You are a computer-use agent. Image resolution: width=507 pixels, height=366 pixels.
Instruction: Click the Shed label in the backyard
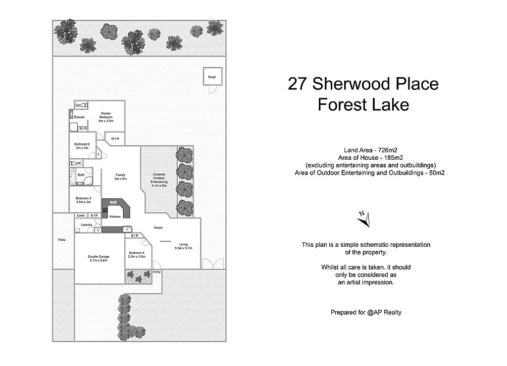(x=212, y=77)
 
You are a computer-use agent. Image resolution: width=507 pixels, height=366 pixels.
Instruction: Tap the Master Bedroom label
(x=106, y=117)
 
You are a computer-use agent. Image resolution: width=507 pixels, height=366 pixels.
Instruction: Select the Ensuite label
(x=79, y=117)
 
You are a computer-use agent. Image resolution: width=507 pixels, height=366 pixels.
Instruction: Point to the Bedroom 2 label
(x=82, y=146)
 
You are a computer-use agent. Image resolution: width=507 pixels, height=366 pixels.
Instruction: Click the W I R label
(x=115, y=138)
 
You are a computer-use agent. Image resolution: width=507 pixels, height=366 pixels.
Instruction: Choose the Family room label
(x=120, y=177)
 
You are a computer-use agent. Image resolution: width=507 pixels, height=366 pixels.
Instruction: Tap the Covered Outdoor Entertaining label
(x=159, y=178)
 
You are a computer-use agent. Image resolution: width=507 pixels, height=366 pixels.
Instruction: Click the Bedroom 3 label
(x=84, y=200)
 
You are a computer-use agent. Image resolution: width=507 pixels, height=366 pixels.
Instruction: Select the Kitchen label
(x=115, y=217)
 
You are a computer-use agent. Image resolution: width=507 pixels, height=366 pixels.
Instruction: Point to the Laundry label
(x=86, y=225)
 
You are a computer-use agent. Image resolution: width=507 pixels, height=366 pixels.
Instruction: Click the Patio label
(x=62, y=239)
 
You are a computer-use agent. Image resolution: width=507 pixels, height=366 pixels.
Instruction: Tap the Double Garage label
(x=99, y=258)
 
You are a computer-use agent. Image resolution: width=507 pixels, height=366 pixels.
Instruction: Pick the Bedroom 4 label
(x=137, y=255)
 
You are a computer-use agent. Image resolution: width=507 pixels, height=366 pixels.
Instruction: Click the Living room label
(x=183, y=246)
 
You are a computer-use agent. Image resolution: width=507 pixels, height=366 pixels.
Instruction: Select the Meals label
(x=158, y=228)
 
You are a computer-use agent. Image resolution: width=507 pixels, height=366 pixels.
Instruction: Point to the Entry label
(x=157, y=272)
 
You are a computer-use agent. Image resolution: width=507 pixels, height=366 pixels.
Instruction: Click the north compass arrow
(x=364, y=219)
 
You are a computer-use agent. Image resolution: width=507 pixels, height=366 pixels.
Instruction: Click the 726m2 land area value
(x=388, y=150)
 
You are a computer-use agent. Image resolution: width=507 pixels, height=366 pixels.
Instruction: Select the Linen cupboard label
(x=81, y=216)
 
